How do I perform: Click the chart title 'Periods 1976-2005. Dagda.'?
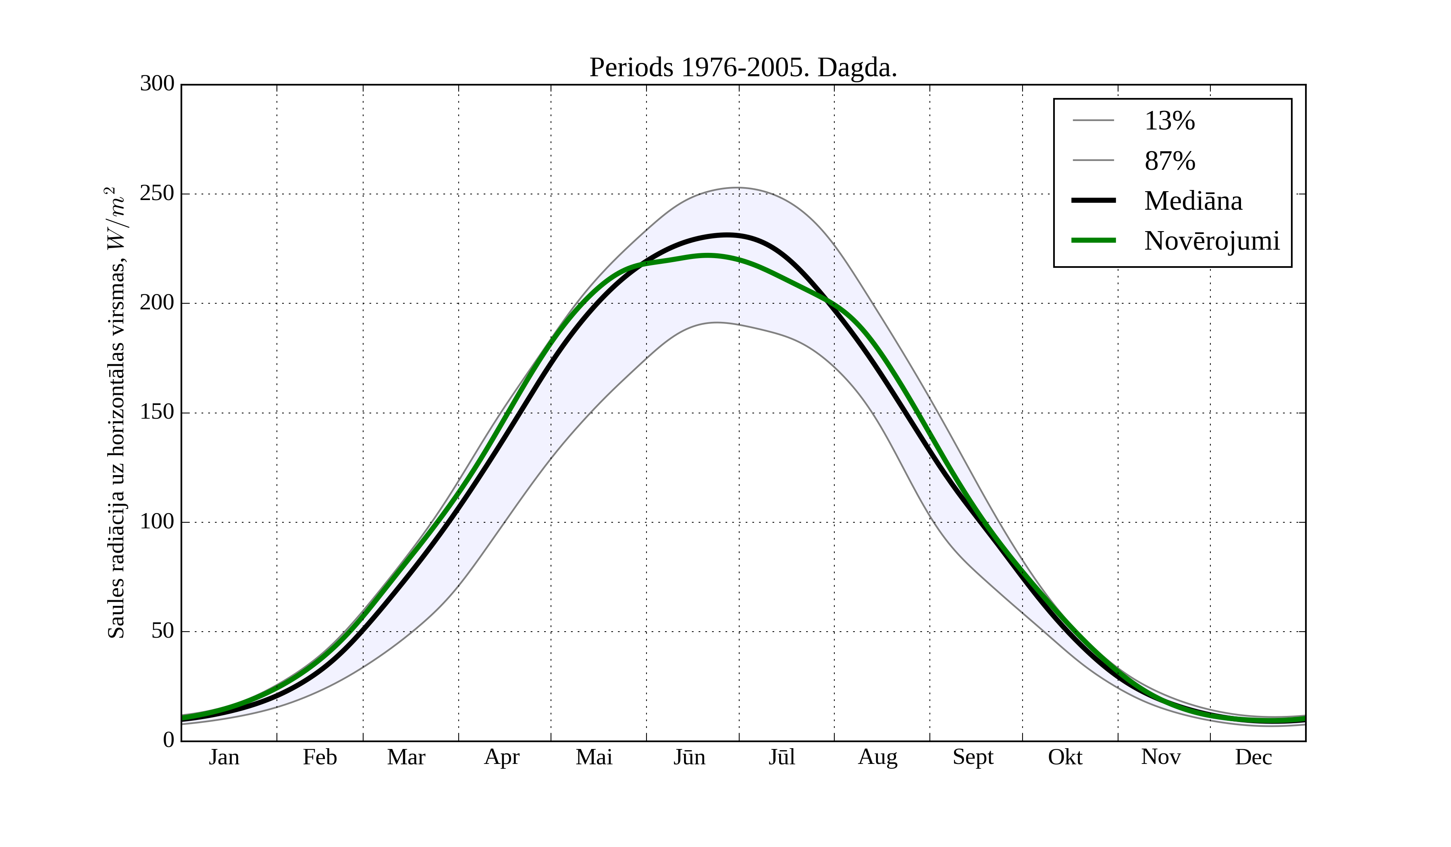pos(743,68)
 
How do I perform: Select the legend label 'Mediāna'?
pos(1193,201)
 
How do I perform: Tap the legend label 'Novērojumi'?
pos(1212,241)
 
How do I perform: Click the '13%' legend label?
pos(1169,121)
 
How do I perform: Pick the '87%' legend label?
pos(1169,161)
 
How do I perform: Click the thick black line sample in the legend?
pos(1093,200)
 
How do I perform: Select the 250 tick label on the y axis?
pos(157,194)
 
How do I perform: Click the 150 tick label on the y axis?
pos(157,413)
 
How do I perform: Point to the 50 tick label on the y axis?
pos(162,632)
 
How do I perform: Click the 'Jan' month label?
pos(224,757)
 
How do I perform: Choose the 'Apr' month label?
pos(501,757)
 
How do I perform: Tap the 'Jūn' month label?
pos(689,757)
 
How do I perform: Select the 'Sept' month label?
pos(973,757)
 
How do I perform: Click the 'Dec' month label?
pos(1253,757)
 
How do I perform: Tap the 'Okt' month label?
pos(1064,757)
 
